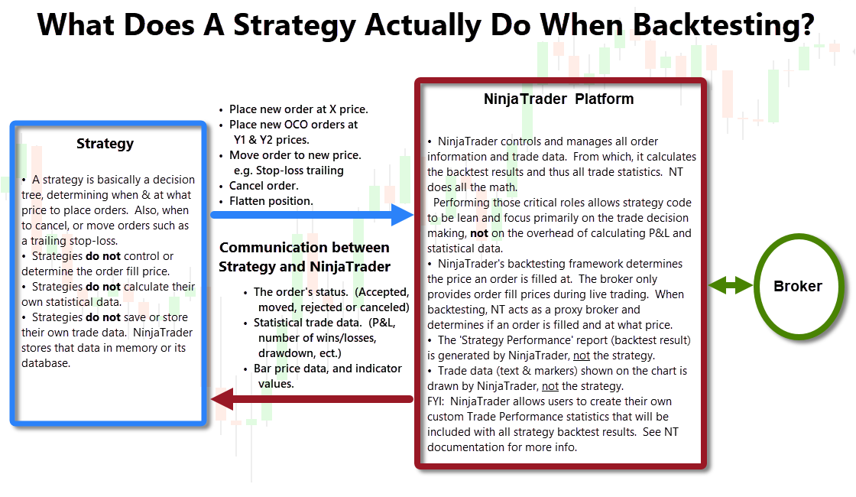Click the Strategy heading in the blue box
[x=105, y=144]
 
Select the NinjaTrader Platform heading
[x=559, y=99]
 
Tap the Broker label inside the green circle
[x=798, y=286]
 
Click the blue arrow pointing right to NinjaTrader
[x=312, y=215]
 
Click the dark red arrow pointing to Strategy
[x=312, y=399]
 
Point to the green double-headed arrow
[x=731, y=284]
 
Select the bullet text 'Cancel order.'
[x=264, y=186]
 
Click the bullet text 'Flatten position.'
[x=271, y=201]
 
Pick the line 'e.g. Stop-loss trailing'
[x=289, y=171]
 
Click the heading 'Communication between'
[x=304, y=248]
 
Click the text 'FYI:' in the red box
[x=436, y=401]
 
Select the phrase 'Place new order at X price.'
[x=299, y=109]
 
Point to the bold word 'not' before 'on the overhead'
[x=478, y=233]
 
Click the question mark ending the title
[x=807, y=25]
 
